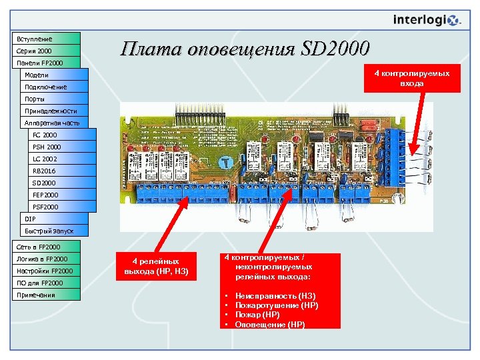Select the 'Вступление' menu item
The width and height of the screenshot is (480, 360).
[x=45, y=39]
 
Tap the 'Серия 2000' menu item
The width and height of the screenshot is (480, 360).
[x=45, y=51]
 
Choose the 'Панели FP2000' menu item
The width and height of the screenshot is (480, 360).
[x=45, y=63]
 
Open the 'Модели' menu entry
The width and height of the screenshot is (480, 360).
[x=52, y=75]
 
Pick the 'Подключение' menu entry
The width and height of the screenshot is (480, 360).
[x=52, y=87]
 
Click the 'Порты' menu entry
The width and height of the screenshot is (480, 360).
[x=52, y=99]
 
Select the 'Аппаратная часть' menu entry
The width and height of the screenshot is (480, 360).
[x=52, y=123]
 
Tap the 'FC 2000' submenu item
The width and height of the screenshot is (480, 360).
[x=59, y=135]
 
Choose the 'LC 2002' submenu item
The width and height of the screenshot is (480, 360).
[x=59, y=159]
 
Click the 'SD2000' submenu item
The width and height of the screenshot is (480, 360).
[x=59, y=183]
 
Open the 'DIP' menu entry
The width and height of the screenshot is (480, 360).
[x=52, y=219]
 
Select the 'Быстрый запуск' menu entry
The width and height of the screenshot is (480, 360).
[x=52, y=231]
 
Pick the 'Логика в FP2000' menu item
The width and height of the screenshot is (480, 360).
[x=45, y=259]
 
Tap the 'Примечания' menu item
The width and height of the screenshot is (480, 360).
[x=45, y=295]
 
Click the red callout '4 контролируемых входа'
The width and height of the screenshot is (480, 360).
[x=411, y=79]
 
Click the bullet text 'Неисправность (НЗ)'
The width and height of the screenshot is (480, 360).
[x=275, y=295]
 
